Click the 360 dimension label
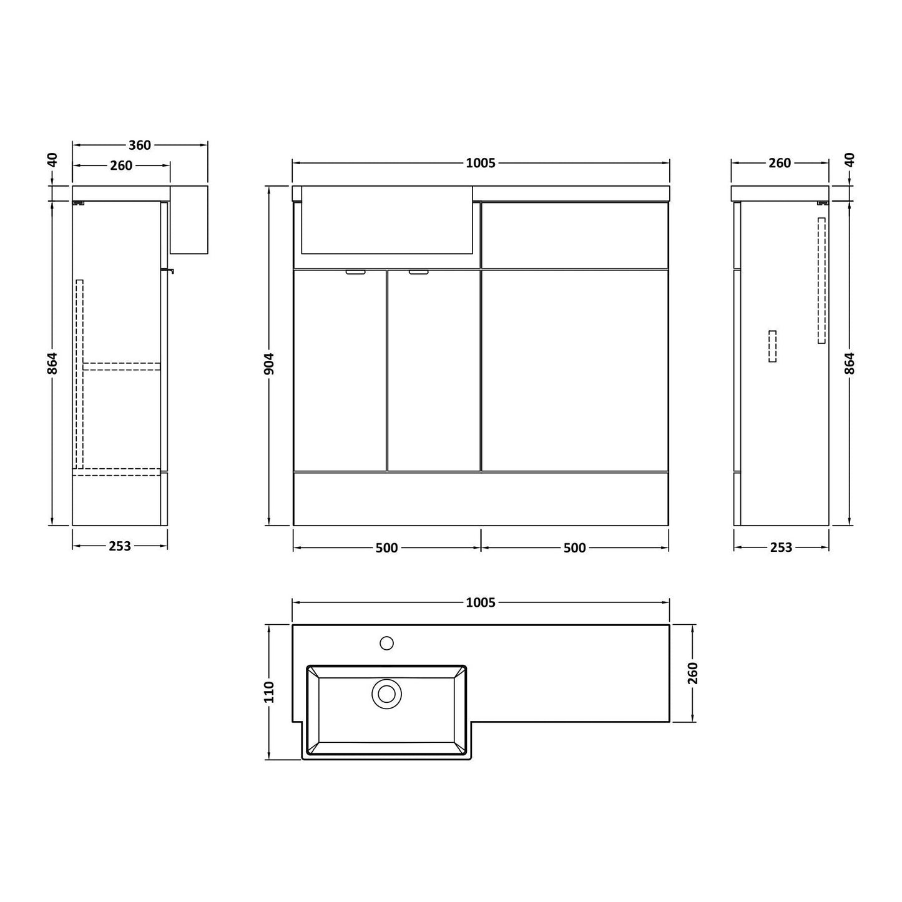[139, 145]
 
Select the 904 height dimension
[269, 364]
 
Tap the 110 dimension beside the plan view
[269, 692]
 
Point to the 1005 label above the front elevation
[480, 163]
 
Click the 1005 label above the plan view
[480, 602]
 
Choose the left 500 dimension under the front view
[386, 547]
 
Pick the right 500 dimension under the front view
[574, 547]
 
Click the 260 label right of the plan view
[693, 673]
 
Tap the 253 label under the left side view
[120, 546]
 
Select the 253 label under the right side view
[781, 547]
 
